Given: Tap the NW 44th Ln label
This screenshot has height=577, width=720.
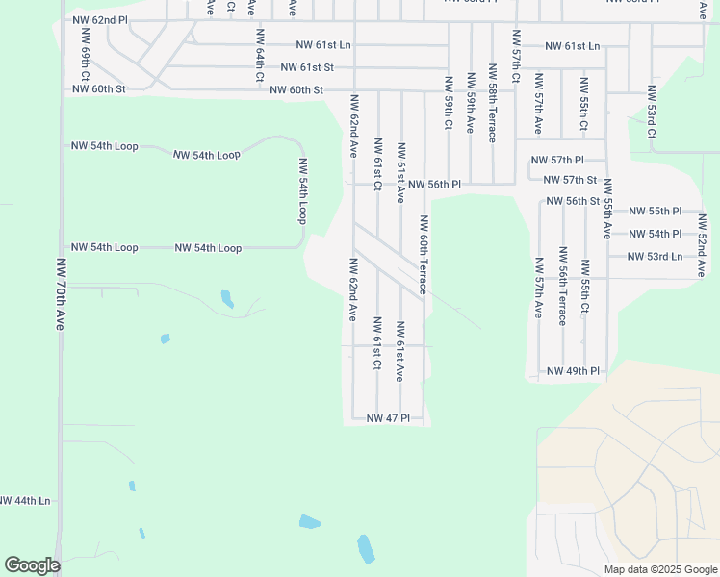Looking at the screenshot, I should [x=24, y=501].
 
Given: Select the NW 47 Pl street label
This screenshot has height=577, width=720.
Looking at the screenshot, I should [x=388, y=418].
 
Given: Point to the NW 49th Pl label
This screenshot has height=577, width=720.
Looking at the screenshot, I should [x=573, y=371].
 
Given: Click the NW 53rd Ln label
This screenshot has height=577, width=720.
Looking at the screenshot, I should [x=654, y=257].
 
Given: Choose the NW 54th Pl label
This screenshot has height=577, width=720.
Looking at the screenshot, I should [x=655, y=234].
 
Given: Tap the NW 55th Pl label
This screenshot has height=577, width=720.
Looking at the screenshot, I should [x=655, y=211].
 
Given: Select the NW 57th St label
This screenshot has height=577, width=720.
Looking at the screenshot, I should [x=570, y=180].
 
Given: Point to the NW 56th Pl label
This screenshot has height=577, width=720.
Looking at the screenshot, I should [x=434, y=184].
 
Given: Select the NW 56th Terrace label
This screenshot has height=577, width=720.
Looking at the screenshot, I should [x=561, y=286].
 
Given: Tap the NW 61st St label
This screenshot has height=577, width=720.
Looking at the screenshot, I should [x=307, y=67].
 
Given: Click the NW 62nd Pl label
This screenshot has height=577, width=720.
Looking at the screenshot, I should [x=99, y=19].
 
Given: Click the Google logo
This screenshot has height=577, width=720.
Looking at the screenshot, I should [x=32, y=565].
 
